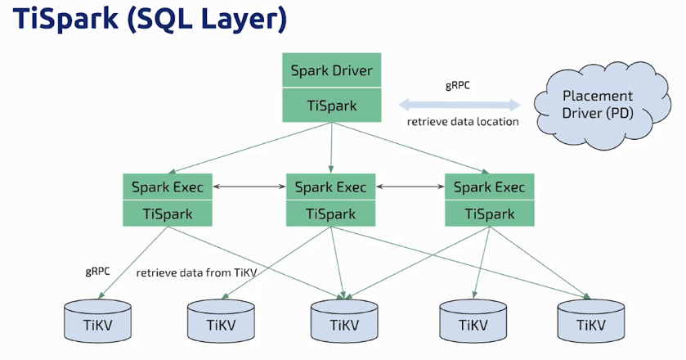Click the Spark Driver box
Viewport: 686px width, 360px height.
(x=332, y=70)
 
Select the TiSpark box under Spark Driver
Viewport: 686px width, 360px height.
(x=332, y=105)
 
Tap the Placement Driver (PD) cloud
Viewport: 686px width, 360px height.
(x=602, y=105)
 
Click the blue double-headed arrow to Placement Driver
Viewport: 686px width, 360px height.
(x=460, y=105)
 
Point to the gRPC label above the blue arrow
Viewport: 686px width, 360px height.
(x=458, y=85)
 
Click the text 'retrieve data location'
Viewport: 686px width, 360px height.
(x=463, y=121)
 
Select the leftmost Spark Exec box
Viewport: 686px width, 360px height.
(x=168, y=187)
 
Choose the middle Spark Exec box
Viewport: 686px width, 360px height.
(x=331, y=187)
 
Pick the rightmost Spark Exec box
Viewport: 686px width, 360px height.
(x=490, y=187)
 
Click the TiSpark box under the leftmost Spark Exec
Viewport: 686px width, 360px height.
(x=168, y=214)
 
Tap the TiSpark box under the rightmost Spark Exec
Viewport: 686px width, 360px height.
(x=490, y=214)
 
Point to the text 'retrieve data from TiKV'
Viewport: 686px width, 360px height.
(x=196, y=272)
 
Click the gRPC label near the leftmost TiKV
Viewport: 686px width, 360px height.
(x=97, y=272)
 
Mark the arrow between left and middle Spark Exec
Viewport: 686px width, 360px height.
(x=249, y=187)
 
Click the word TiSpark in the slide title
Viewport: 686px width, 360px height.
(x=65, y=20)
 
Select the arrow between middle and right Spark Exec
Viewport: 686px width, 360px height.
(x=410, y=187)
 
